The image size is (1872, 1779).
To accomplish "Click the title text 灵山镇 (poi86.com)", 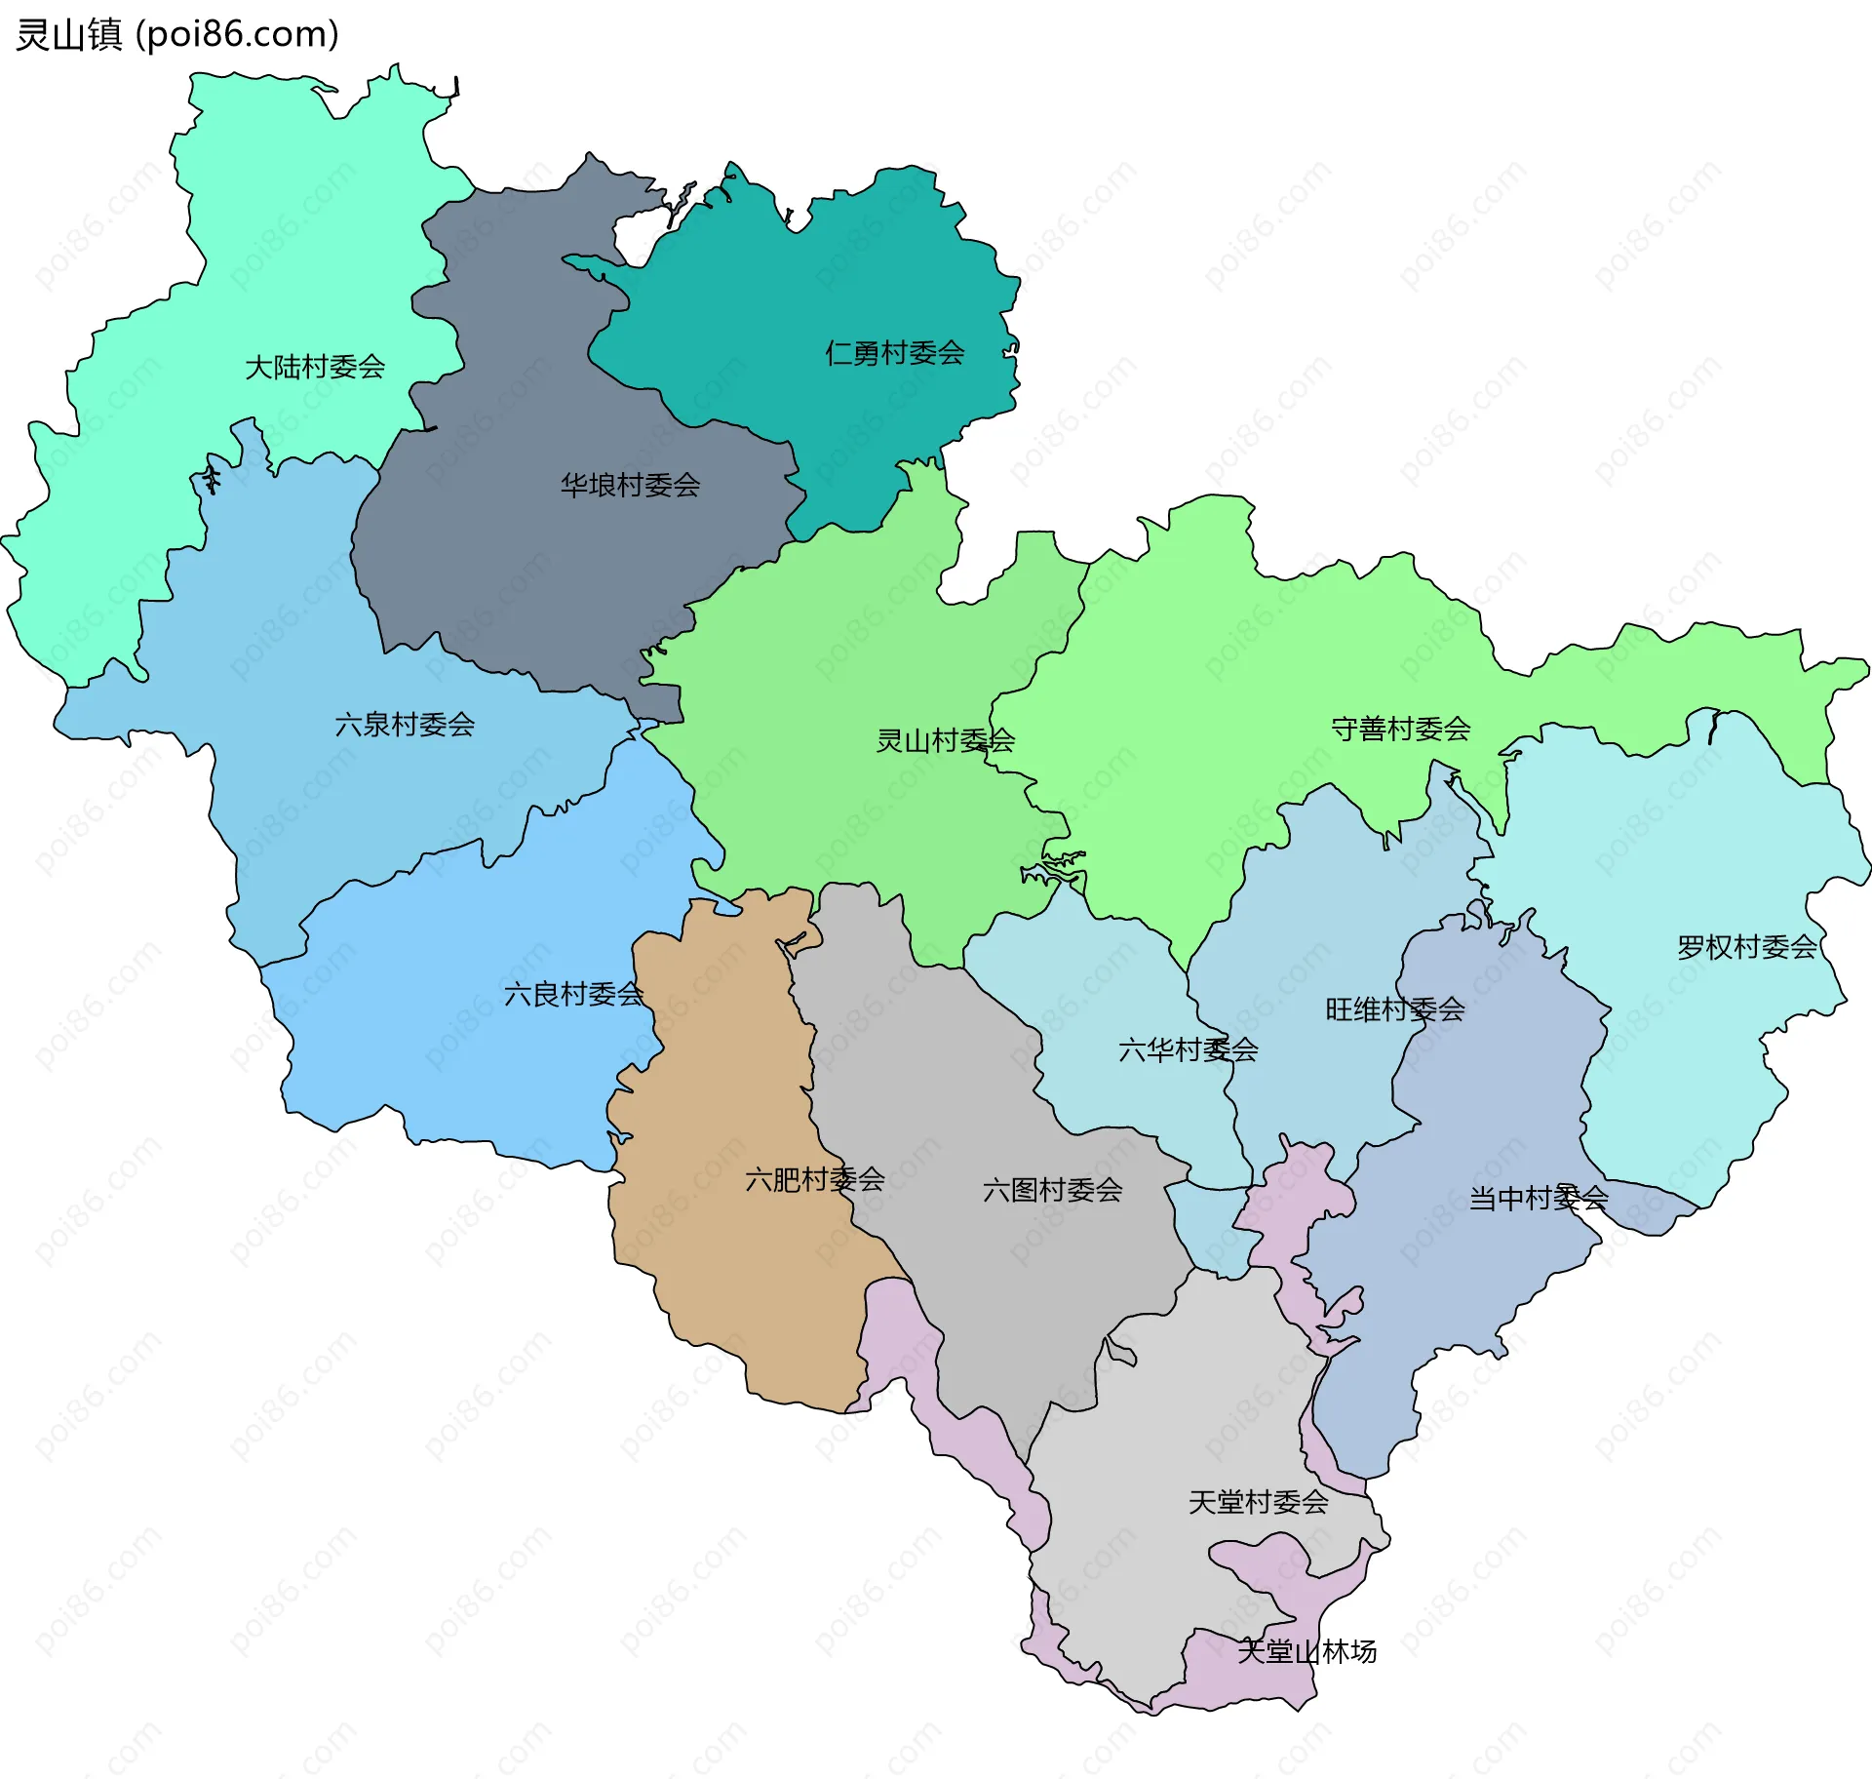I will [x=177, y=34].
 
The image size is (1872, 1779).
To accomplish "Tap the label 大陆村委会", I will [x=315, y=367].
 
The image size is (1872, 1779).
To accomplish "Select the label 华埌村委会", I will [x=630, y=485].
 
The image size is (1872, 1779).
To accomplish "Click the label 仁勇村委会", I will [x=894, y=352].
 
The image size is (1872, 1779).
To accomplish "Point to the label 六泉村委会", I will [x=405, y=725].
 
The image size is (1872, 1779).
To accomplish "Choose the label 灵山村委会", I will [x=945, y=740].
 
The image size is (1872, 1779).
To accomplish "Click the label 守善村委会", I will [x=1400, y=729].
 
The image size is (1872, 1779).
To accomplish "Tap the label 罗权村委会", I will [x=1746, y=947].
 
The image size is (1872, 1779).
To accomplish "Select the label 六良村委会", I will [x=573, y=994].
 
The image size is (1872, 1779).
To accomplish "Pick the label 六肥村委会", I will [x=814, y=1179].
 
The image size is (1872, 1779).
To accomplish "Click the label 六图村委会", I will [x=1052, y=1190].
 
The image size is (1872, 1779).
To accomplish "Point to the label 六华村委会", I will [x=1188, y=1050].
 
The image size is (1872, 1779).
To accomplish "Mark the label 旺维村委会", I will [x=1394, y=1009].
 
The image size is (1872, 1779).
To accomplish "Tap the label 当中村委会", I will [x=1538, y=1198].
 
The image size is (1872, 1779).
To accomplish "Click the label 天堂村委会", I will [x=1258, y=1502].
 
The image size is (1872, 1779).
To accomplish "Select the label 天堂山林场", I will [x=1306, y=1651].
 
